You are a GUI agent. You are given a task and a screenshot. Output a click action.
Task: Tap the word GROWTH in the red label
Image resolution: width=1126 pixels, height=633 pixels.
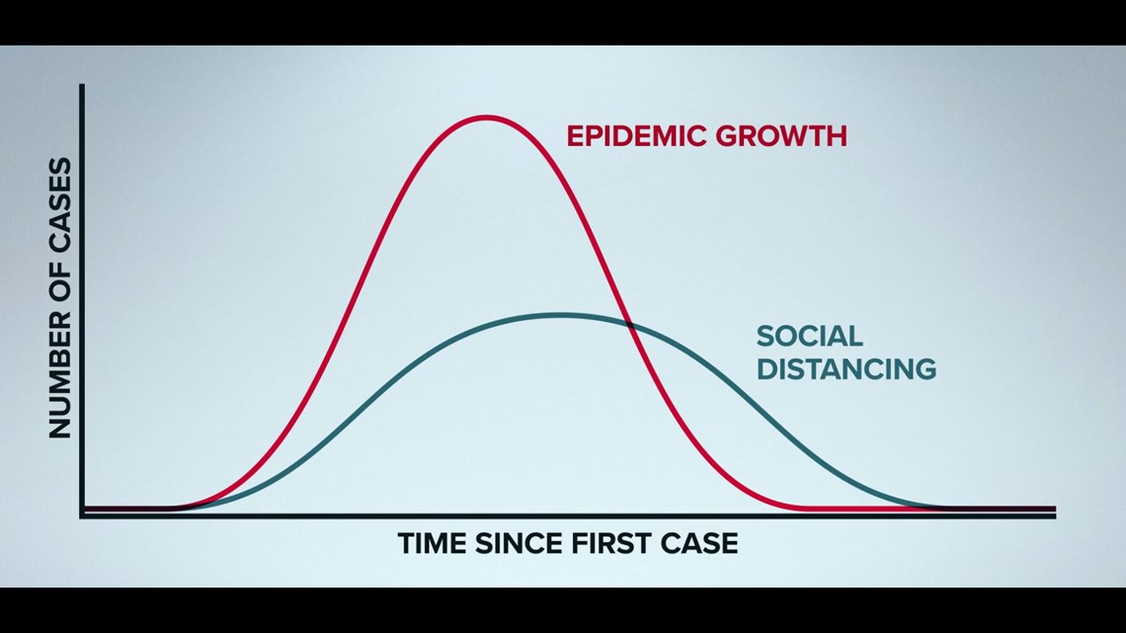(x=781, y=135)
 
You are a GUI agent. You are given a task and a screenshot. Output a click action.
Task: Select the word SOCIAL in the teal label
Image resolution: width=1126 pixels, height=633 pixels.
(x=809, y=336)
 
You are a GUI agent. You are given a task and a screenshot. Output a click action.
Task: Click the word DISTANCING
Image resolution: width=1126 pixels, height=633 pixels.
(x=846, y=369)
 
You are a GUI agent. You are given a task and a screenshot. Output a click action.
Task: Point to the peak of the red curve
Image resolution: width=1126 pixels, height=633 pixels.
(x=486, y=117)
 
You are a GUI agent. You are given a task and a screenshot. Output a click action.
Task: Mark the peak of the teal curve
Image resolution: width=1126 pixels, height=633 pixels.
(x=559, y=314)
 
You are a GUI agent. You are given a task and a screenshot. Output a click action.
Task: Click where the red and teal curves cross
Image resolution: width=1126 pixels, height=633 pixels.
(x=631, y=325)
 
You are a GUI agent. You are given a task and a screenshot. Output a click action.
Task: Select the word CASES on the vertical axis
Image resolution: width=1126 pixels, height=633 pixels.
(x=60, y=204)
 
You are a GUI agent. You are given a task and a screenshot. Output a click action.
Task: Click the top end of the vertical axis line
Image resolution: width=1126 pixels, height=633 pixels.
(x=82, y=85)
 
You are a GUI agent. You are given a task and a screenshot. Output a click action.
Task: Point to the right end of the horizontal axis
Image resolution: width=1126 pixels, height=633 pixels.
(x=1054, y=515)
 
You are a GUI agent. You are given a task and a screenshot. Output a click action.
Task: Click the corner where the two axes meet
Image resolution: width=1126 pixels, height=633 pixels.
(x=82, y=515)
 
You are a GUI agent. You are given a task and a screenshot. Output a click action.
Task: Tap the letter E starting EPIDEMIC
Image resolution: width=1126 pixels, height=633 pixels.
(x=575, y=135)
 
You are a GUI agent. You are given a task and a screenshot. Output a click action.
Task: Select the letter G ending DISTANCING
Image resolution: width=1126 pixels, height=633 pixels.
(x=925, y=369)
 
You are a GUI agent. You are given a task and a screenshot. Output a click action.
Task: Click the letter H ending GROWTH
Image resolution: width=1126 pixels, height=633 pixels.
(x=838, y=135)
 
